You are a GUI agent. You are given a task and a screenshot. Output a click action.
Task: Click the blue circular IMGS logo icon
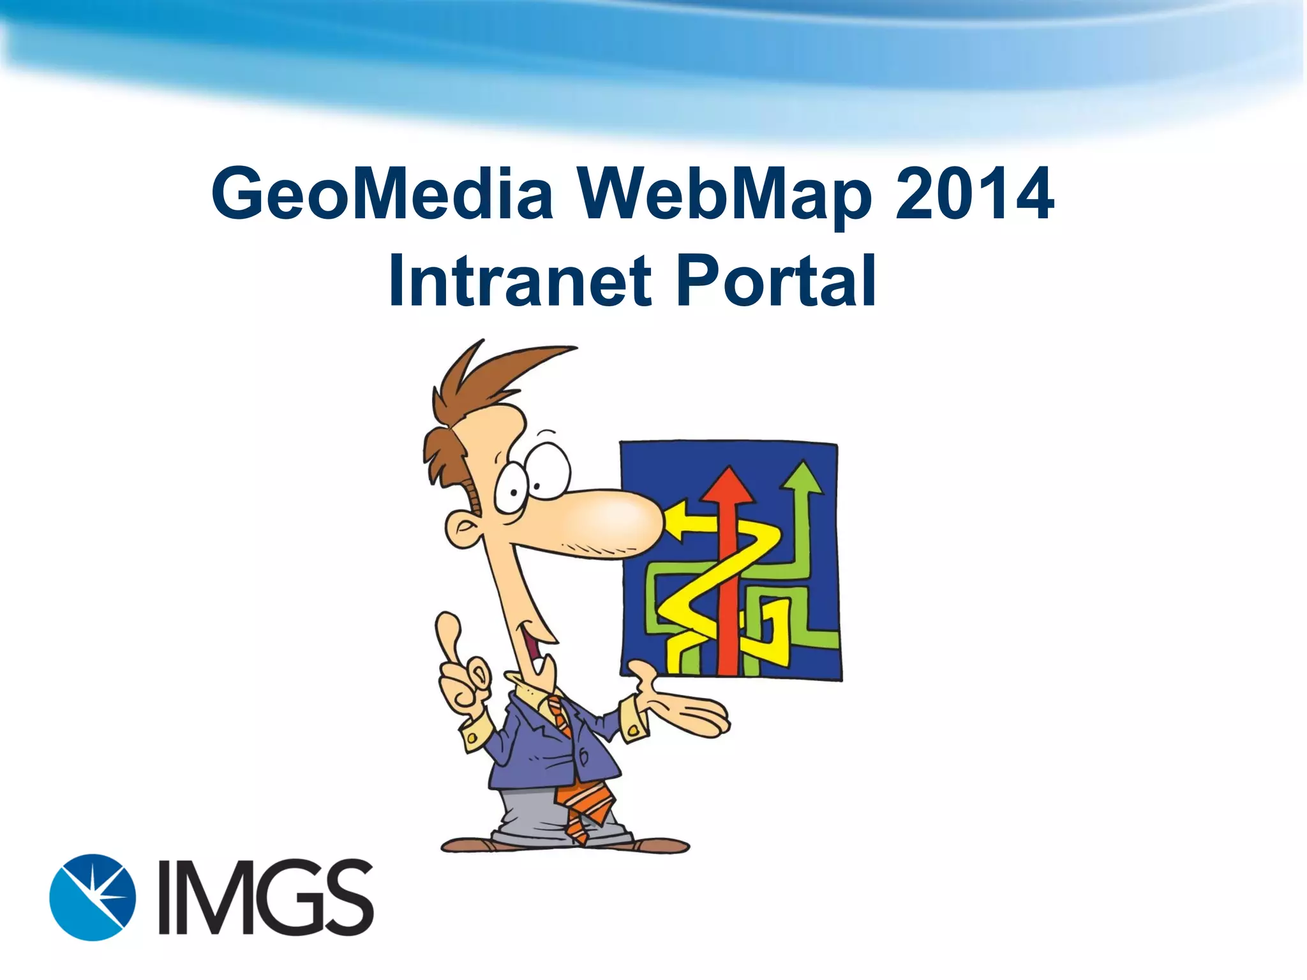(x=93, y=896)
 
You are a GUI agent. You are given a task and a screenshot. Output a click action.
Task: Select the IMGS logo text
(x=265, y=897)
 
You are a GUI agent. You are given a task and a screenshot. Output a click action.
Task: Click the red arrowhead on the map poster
(x=728, y=486)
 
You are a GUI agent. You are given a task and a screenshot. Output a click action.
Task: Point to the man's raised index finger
(x=449, y=632)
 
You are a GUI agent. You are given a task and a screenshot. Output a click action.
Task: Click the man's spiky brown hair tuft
(x=504, y=370)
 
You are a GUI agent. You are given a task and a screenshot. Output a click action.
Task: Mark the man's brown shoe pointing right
(x=661, y=846)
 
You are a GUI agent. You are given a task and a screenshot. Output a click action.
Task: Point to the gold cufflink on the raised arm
(x=472, y=738)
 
